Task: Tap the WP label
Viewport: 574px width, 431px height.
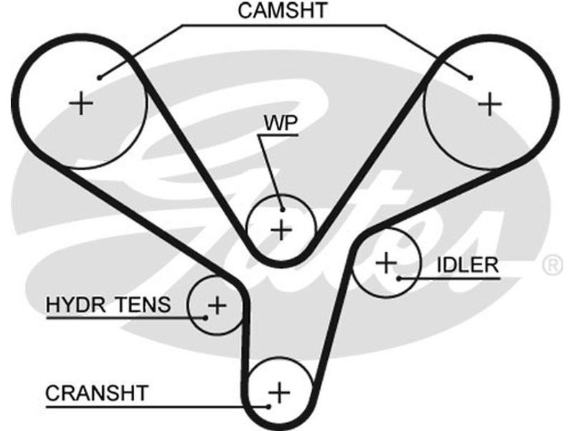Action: point(281,122)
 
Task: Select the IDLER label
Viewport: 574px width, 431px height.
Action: point(466,264)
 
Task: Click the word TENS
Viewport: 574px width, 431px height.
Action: point(143,305)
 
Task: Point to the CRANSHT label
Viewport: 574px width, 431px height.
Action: point(96,393)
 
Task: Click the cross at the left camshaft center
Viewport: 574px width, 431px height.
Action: point(82,104)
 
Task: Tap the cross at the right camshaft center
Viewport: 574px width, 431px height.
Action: point(490,105)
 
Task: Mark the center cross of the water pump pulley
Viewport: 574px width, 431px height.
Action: point(282,230)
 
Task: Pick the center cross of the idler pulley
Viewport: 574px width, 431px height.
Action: point(386,262)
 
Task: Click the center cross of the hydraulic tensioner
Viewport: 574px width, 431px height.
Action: point(216,306)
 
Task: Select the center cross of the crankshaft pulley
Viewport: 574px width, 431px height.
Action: point(278,392)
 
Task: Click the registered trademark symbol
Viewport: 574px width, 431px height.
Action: point(552,266)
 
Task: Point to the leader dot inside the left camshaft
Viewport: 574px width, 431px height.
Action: point(100,76)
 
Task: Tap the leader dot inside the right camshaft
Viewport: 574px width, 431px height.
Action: point(471,77)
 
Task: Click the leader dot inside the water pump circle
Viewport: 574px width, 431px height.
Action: point(283,209)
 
